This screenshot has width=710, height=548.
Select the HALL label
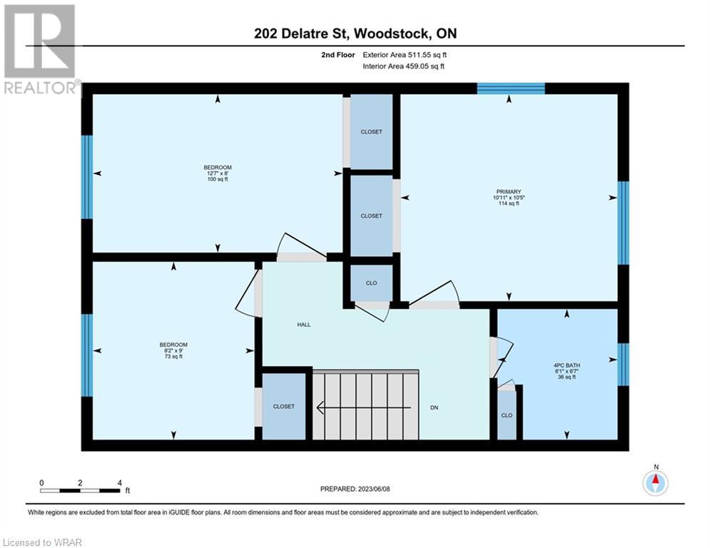click(x=304, y=324)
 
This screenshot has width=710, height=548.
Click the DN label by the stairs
click(x=435, y=407)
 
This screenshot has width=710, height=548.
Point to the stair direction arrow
click(x=364, y=407)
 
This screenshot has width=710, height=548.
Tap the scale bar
click(x=81, y=490)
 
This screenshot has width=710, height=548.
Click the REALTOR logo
click(x=40, y=49)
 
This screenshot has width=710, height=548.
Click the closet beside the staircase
click(x=284, y=406)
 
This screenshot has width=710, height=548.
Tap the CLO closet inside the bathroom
click(x=507, y=415)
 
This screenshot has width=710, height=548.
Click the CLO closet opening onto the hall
click(x=371, y=283)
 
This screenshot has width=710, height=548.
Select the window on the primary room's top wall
click(x=511, y=88)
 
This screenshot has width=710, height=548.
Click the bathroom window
click(x=624, y=365)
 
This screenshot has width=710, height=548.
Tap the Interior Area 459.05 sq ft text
click(x=403, y=66)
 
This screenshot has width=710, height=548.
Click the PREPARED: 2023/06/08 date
click(x=355, y=489)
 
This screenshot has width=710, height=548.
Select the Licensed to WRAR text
click(x=42, y=542)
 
